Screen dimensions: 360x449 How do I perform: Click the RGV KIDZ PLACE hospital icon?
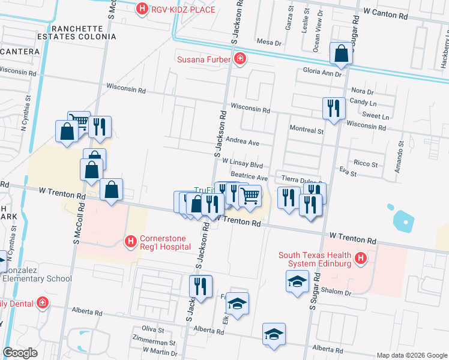click(x=142, y=8)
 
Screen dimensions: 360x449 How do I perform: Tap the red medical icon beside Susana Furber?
click(x=240, y=59)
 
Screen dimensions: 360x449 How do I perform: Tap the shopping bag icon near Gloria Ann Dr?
click(x=341, y=54)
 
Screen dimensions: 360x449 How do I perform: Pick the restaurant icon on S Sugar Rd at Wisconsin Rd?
click(x=333, y=109)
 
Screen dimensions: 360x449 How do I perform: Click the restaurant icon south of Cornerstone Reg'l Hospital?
click(x=200, y=286)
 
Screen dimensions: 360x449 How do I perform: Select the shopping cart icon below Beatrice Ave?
click(x=250, y=196)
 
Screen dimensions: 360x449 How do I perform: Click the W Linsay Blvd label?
click(x=243, y=163)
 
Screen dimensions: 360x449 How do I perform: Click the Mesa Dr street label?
click(x=269, y=43)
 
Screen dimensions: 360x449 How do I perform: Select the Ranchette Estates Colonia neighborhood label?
click(x=84, y=32)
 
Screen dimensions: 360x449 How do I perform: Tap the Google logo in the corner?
click(x=21, y=353)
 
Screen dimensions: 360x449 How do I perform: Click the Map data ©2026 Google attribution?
click(x=411, y=355)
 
